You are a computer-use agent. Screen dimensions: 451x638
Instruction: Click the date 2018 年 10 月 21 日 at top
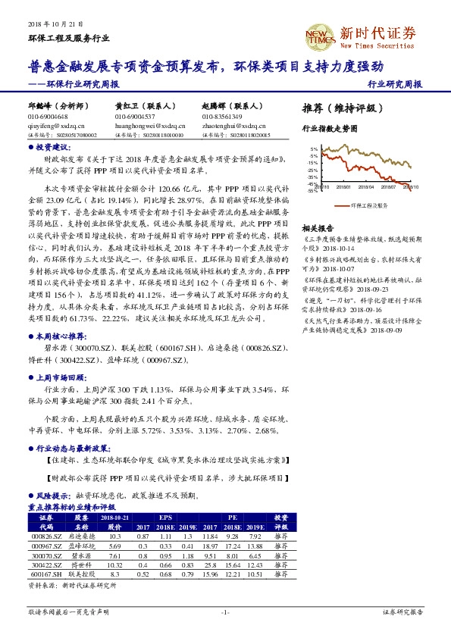(55, 26)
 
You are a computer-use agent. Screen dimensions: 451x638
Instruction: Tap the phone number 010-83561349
(222, 117)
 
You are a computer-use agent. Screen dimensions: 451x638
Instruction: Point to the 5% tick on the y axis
(313, 149)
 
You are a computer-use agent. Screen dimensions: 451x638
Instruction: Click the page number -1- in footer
(225, 611)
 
